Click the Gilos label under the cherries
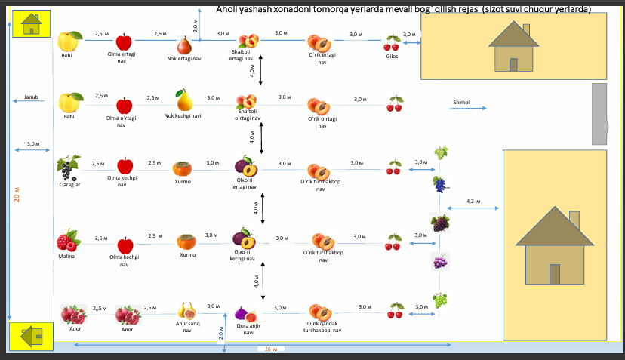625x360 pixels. click(x=392, y=56)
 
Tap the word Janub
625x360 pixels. click(x=31, y=97)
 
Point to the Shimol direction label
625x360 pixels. click(x=461, y=103)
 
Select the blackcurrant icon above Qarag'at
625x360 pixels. click(x=68, y=166)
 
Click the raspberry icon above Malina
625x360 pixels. click(x=68, y=241)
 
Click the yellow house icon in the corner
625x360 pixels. click(x=31, y=25)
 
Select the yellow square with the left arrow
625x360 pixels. click(x=31, y=336)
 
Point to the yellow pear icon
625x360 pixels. click(x=183, y=100)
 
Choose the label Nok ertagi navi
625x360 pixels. click(x=185, y=58)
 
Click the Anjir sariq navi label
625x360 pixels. click(x=187, y=327)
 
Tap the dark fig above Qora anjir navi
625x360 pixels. click(x=242, y=312)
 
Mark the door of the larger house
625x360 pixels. click(x=555, y=274)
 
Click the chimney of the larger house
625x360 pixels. click(x=574, y=219)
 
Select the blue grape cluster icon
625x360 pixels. click(x=439, y=183)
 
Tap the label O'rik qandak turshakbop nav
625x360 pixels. click(x=322, y=327)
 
